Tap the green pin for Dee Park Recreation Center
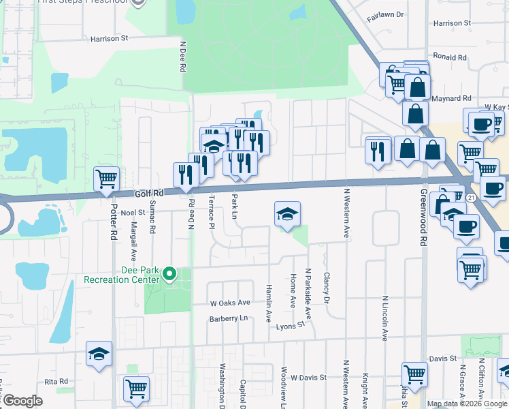(x=169, y=275)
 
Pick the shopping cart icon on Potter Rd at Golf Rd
(x=107, y=180)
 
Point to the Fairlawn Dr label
(x=385, y=14)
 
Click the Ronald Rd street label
(x=449, y=57)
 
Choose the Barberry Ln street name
(x=229, y=318)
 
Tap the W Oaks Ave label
(x=230, y=303)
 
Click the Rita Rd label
(x=56, y=381)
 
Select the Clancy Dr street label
(x=327, y=288)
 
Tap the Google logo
(x=22, y=401)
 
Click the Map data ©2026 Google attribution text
(x=467, y=404)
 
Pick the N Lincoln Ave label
(x=384, y=318)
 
